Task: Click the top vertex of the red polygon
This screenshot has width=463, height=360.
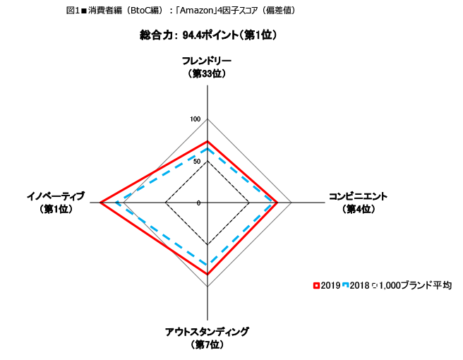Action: (208, 142)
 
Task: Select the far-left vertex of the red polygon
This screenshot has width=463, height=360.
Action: (102, 203)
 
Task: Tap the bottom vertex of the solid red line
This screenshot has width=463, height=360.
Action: (208, 274)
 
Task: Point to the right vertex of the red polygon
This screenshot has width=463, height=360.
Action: (277, 203)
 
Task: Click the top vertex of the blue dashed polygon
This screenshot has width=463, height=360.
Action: (208, 148)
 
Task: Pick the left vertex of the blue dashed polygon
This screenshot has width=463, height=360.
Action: (116, 203)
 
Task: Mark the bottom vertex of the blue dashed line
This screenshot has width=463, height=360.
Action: (208, 265)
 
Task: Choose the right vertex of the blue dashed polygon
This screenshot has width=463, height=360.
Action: (273, 203)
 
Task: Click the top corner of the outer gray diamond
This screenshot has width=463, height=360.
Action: (208, 119)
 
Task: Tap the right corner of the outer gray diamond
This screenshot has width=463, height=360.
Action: (291, 203)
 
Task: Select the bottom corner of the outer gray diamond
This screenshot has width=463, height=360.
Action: (208, 286)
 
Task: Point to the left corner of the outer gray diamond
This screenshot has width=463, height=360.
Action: (124, 203)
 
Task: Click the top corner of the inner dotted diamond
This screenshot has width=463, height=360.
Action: (208, 162)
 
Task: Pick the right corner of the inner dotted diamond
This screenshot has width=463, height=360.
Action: (249, 203)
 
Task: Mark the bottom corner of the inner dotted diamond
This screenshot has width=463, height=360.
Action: (208, 244)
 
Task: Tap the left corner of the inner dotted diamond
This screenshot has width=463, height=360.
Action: (166, 203)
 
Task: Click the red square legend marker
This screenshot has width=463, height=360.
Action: (316, 285)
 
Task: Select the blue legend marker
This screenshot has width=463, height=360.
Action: (346, 285)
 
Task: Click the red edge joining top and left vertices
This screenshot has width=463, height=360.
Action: (155, 172)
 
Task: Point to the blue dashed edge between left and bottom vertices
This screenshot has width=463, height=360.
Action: (162, 234)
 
